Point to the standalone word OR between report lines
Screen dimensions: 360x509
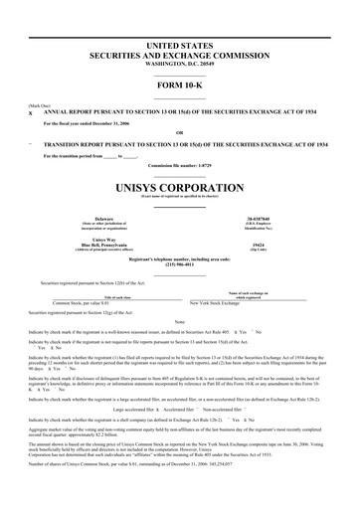[179, 134]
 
